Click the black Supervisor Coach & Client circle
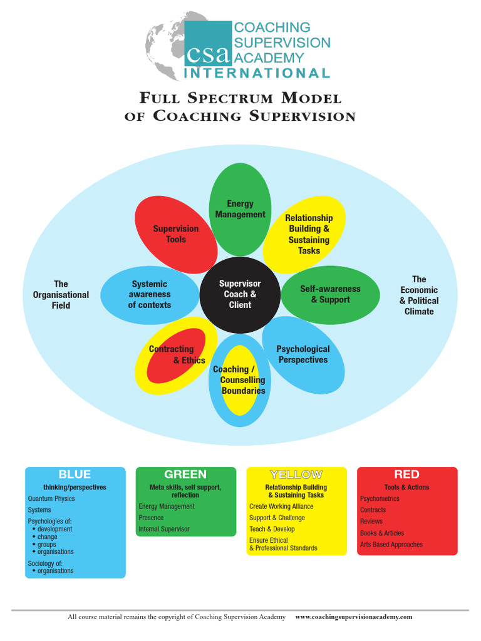(240, 294)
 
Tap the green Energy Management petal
(240, 209)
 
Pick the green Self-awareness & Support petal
(330, 294)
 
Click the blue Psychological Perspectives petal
(303, 354)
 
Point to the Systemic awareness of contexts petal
(150, 294)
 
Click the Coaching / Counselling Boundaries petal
(239, 380)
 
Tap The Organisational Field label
(61, 295)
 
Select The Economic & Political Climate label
(419, 295)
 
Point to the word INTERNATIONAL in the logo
(257, 73)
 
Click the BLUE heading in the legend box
(75, 474)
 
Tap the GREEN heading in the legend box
(185, 474)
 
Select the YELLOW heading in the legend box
(296, 474)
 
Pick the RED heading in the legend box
(406, 474)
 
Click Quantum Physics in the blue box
(51, 499)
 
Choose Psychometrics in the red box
(380, 499)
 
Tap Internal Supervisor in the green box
(164, 529)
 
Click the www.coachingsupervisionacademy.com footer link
(353, 617)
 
